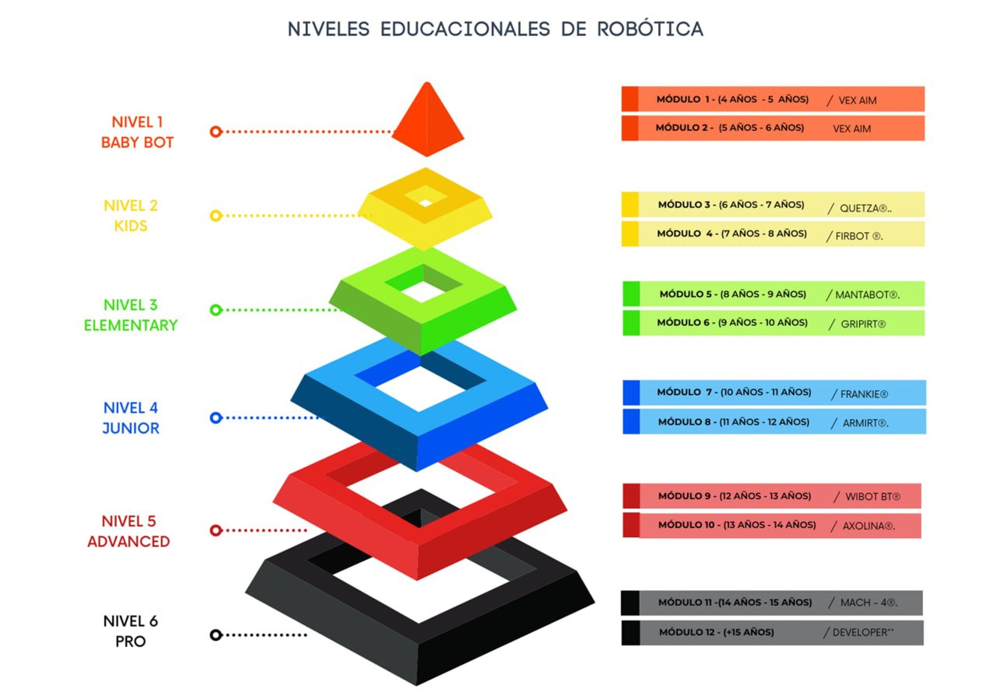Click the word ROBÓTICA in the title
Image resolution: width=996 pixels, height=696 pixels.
(649, 29)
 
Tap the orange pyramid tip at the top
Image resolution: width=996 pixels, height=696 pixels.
(427, 120)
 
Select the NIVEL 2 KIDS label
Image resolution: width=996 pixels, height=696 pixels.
(130, 216)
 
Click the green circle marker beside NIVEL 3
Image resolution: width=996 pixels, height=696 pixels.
(216, 310)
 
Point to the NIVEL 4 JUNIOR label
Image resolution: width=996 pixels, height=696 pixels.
(131, 418)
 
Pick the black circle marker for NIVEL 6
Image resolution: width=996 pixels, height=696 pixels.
(216, 635)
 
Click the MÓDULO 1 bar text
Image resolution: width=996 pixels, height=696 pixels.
(732, 99)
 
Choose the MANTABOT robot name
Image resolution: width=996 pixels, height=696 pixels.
(867, 295)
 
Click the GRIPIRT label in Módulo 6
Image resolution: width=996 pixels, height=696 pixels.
(863, 324)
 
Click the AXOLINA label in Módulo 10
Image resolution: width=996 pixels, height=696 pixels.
(868, 526)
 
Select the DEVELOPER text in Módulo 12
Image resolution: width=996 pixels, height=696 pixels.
(863, 632)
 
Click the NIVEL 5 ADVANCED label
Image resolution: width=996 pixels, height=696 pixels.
(129, 531)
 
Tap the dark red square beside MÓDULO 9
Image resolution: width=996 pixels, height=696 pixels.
(631, 496)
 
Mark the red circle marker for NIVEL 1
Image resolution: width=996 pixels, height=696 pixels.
(216, 132)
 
